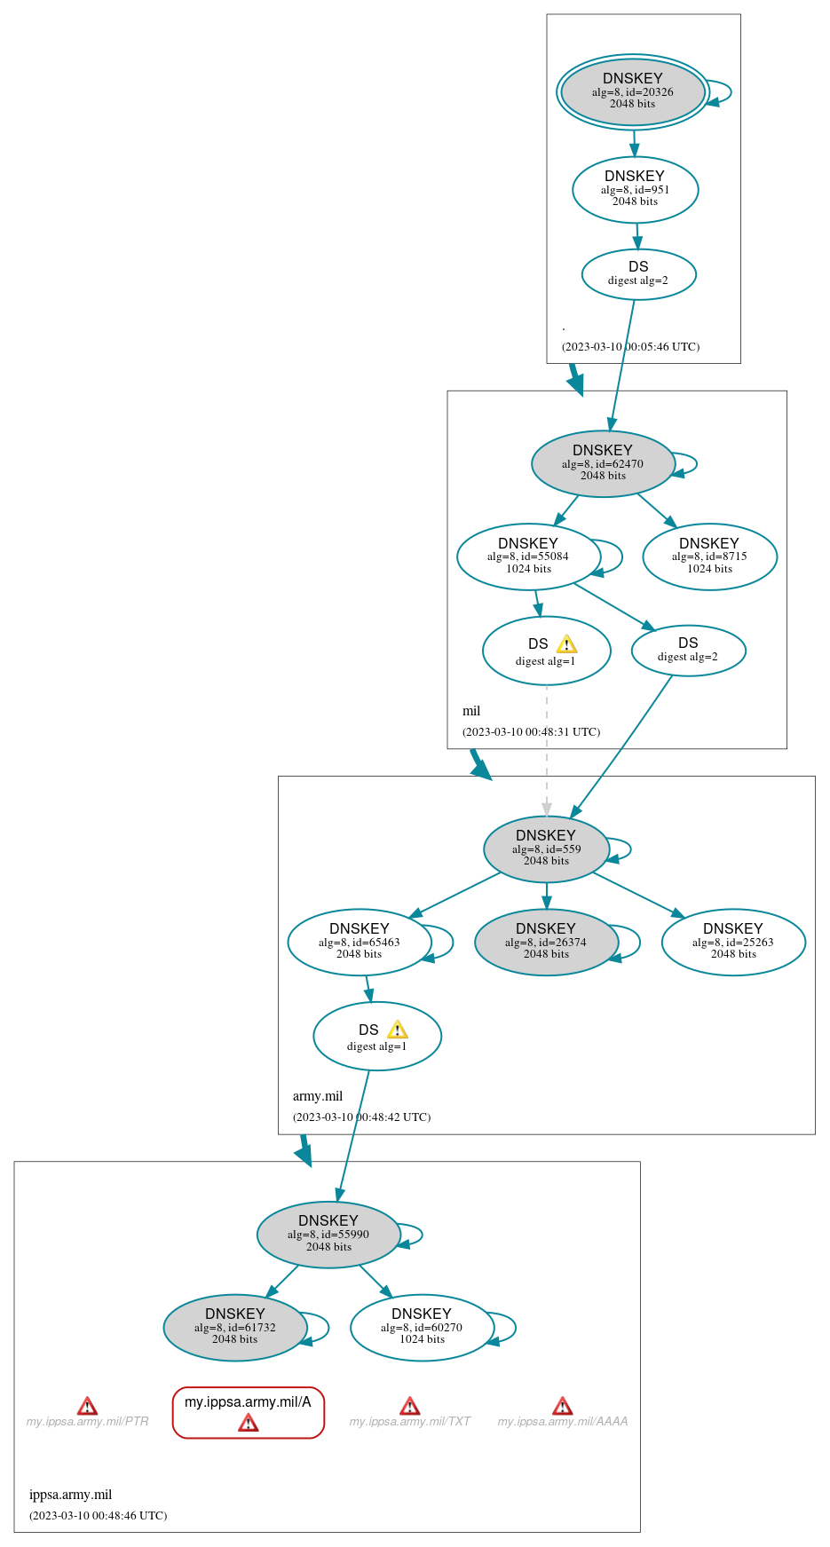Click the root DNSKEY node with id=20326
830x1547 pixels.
[632, 91]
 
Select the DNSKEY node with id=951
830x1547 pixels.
[635, 189]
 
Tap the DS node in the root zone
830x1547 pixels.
[638, 274]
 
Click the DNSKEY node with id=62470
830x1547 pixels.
[603, 463]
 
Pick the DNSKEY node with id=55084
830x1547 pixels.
[528, 556]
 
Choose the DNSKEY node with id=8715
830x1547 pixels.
[709, 556]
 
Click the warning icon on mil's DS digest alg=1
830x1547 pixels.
[566, 644]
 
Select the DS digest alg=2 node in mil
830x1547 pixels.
[688, 651]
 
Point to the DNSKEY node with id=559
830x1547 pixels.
[546, 848]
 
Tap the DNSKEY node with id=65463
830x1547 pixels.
[359, 942]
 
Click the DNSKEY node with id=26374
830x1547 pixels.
[546, 942]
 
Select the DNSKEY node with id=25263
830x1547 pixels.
[733, 942]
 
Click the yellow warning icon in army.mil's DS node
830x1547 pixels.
[398, 1030]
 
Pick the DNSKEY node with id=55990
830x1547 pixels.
[328, 1234]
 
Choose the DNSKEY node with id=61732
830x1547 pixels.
[235, 1327]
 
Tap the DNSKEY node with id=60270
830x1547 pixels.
[422, 1327]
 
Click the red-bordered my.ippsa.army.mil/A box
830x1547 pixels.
[249, 1411]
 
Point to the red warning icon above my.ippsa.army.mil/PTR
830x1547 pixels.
[87, 1406]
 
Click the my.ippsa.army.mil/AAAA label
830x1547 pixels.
[563, 1422]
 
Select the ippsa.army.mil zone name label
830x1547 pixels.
[71, 1495]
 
